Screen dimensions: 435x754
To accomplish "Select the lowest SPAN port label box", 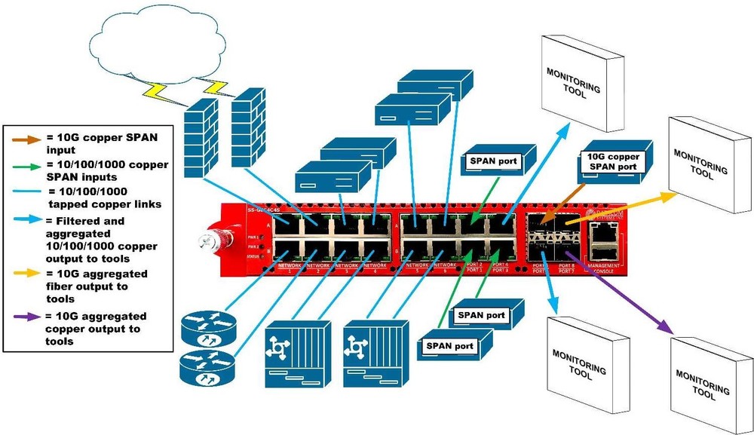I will (x=451, y=346).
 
